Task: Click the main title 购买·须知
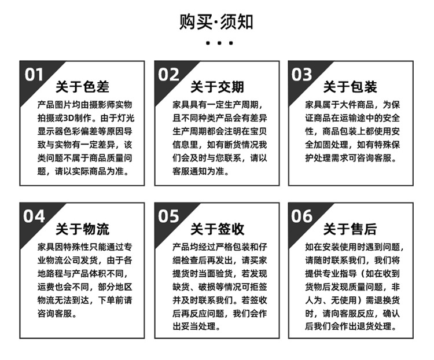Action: pyautogui.click(x=216, y=21)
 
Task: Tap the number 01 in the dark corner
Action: pyautogui.click(x=34, y=75)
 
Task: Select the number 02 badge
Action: pyautogui.click(x=168, y=75)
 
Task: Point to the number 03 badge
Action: pyautogui.click(x=301, y=75)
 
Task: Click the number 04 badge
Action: pyautogui.click(x=34, y=216)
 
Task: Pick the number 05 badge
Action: pyautogui.click(x=168, y=216)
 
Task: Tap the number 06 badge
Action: pyautogui.click(x=301, y=216)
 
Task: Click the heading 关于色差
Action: pyautogui.click(x=82, y=87)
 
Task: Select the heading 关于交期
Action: pyautogui.click(x=217, y=87)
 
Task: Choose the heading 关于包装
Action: pyautogui.click(x=350, y=87)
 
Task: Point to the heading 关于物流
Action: pyautogui.click(x=82, y=229)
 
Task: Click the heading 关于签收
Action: pyautogui.click(x=217, y=229)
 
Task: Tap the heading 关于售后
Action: pyautogui.click(x=350, y=229)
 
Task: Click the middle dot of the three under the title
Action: pyautogui.click(x=217, y=42)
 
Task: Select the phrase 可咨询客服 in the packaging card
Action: pyautogui.click(x=372, y=158)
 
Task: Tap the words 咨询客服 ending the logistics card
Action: pyautogui.click(x=57, y=314)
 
